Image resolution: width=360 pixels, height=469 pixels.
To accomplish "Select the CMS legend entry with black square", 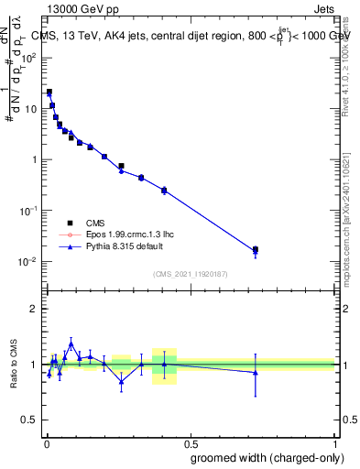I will (94, 222).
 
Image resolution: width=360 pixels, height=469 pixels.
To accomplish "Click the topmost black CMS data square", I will (49, 92).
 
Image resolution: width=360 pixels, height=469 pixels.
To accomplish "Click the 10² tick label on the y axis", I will (28, 57).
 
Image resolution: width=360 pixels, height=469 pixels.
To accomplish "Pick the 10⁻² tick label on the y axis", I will (28, 262).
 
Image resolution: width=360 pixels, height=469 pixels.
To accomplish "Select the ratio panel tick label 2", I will (33, 309).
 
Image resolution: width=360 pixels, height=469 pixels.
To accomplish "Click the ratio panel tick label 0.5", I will (29, 420).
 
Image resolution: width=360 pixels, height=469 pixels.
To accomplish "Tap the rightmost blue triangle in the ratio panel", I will (256, 372).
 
